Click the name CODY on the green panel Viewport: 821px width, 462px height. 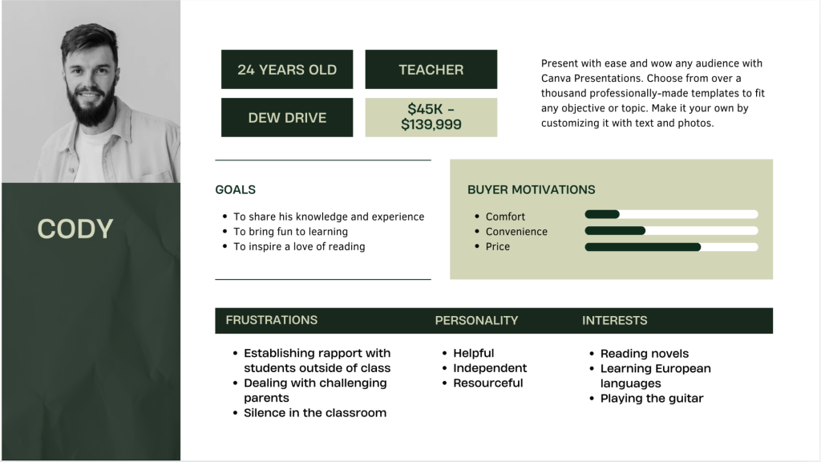click(75, 229)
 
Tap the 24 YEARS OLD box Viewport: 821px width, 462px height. click(287, 69)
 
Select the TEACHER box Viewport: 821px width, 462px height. click(431, 69)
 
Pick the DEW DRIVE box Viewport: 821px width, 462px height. click(287, 117)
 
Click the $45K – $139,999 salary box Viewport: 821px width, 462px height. click(431, 117)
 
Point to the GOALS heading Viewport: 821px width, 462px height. click(235, 189)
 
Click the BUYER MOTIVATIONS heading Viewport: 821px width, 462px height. click(531, 189)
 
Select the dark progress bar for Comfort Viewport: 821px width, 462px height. click(602, 214)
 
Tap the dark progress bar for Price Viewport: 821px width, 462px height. click(642, 247)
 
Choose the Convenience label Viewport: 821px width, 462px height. click(516, 232)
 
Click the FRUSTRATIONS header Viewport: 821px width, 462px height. click(271, 320)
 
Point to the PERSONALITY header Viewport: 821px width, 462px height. click(476, 321)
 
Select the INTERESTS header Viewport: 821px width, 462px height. click(615, 321)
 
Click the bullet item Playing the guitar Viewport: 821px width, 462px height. click(652, 398)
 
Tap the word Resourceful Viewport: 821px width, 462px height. click(488, 383)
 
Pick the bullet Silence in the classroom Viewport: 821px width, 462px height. click(315, 413)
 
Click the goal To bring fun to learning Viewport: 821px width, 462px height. click(290, 232)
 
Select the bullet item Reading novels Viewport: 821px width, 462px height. click(645, 354)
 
